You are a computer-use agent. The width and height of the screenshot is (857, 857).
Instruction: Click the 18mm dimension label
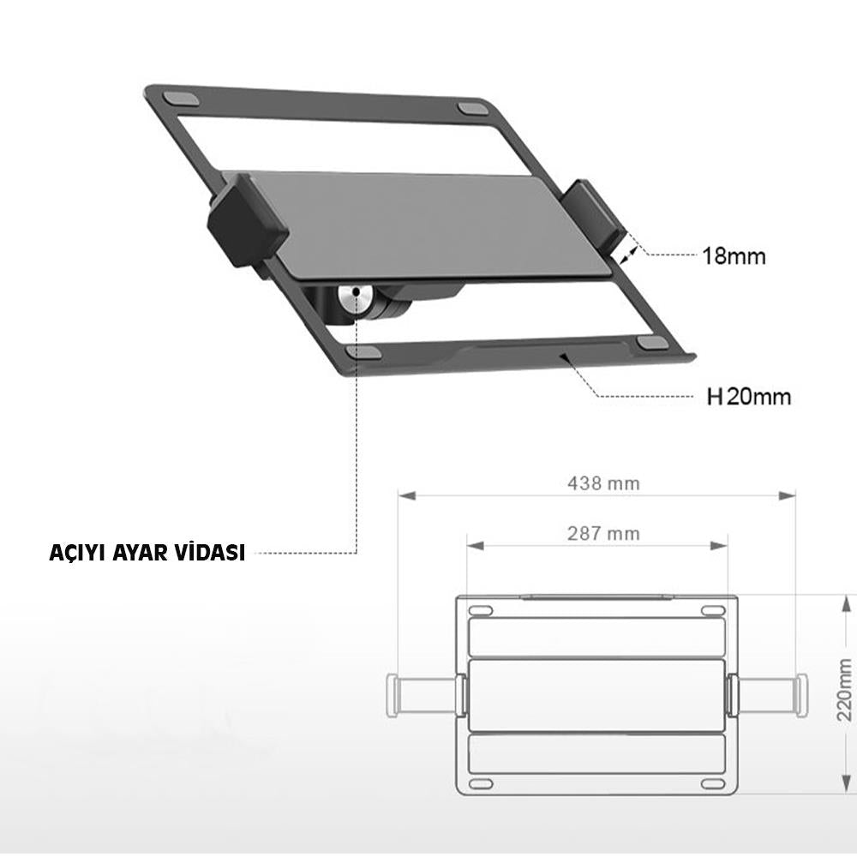[x=734, y=255]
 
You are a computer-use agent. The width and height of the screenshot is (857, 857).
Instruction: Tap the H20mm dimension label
[x=748, y=397]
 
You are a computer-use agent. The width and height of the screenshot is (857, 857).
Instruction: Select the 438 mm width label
[x=603, y=482]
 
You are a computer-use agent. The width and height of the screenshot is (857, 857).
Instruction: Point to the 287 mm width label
[x=603, y=533]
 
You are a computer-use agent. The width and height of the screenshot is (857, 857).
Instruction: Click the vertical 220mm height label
[x=844, y=689]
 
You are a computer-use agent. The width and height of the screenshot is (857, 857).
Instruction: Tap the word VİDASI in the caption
[x=209, y=553]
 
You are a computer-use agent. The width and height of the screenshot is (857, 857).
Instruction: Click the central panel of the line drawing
[x=596, y=693]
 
